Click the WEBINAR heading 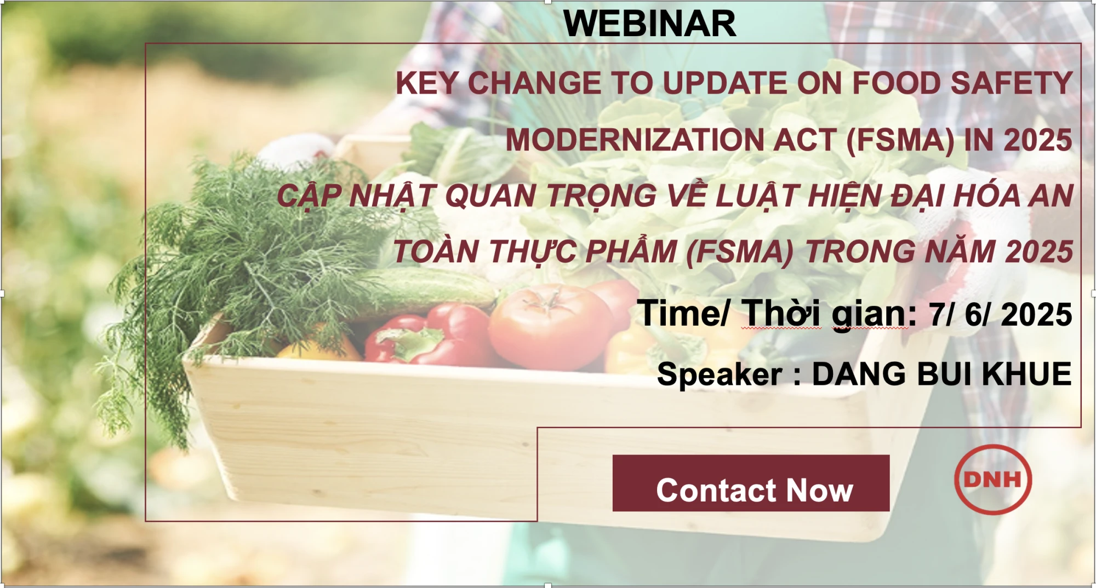[649, 24]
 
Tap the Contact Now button [751, 483]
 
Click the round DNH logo [993, 480]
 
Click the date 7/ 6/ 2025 [1000, 315]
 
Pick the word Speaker [719, 374]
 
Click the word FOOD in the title [896, 83]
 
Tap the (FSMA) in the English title [900, 140]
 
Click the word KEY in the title [427, 83]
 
